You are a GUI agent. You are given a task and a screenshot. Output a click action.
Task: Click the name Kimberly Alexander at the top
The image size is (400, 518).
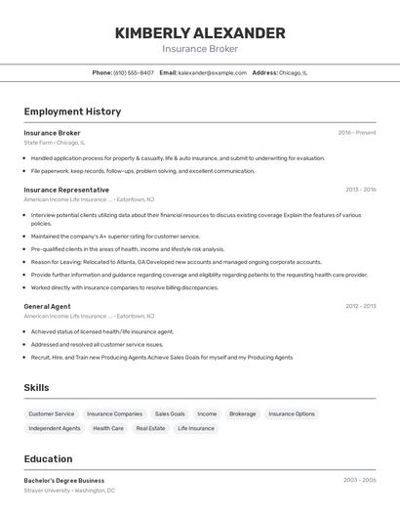200,33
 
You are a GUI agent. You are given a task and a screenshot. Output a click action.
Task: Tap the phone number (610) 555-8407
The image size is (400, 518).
134,72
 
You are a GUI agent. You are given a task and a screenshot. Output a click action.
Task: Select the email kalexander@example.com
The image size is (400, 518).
212,72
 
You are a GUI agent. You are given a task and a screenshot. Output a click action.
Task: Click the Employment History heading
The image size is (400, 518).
72,111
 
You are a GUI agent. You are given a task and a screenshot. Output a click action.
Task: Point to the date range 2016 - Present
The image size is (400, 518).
356,133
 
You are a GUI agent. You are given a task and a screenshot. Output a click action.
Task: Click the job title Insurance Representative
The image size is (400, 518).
66,190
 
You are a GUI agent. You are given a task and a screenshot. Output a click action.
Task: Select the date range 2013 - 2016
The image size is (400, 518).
360,190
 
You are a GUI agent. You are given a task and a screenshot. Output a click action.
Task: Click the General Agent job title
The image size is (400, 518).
47,306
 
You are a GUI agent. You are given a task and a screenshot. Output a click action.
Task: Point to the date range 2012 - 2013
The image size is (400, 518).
360,306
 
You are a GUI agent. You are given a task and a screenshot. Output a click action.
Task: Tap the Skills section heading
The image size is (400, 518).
37,388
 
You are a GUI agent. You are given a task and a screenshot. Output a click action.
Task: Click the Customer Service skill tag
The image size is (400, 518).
51,414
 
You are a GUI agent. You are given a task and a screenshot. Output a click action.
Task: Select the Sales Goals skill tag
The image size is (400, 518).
170,414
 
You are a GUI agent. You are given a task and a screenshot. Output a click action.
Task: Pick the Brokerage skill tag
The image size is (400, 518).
242,414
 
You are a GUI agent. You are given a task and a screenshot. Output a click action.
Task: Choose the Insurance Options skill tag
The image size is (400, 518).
292,414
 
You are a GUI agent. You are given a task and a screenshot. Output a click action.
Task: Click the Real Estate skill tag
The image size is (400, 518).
150,428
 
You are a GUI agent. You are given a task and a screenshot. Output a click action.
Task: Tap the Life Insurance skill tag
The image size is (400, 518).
195,428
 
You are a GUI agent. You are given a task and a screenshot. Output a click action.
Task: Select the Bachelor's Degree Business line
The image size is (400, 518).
63,481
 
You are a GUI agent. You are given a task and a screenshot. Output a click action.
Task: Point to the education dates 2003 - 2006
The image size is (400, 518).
359,481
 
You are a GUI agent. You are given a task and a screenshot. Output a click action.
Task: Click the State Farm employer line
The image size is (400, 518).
55,143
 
